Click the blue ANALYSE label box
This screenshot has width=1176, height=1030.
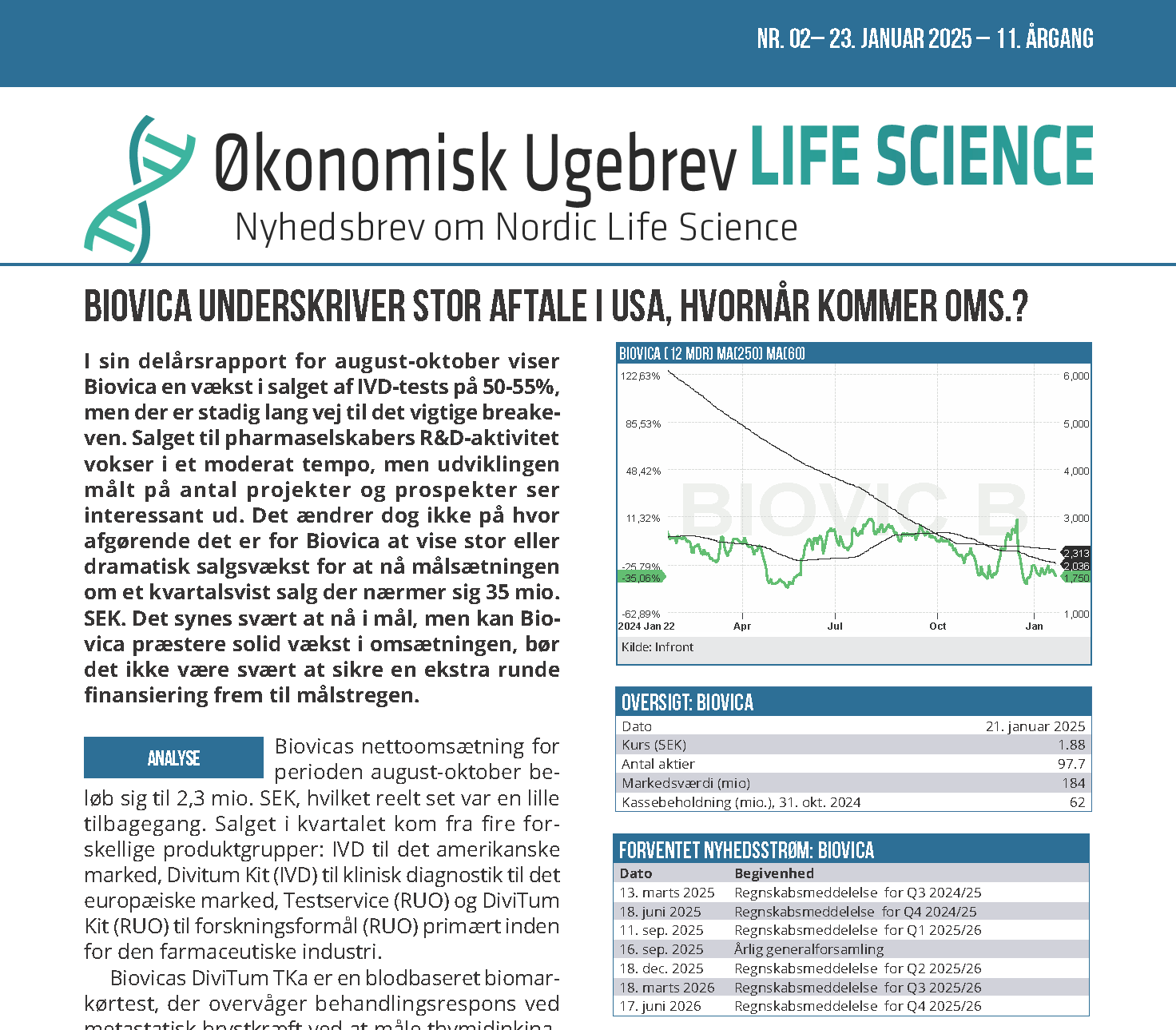pyautogui.click(x=173, y=758)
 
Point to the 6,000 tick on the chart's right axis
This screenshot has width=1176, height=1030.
pyautogui.click(x=1075, y=376)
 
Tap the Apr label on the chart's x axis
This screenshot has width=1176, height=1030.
pyautogui.click(x=742, y=626)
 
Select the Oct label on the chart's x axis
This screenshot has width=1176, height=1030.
pyautogui.click(x=937, y=626)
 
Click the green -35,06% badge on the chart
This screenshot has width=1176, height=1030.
pyautogui.click(x=642, y=578)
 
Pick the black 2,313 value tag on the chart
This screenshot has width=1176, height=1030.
pyautogui.click(x=1075, y=553)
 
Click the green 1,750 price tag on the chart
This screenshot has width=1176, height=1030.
pyautogui.click(x=1075, y=578)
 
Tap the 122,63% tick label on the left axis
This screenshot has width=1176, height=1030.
pyautogui.click(x=641, y=376)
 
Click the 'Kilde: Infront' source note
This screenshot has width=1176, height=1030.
pyautogui.click(x=658, y=647)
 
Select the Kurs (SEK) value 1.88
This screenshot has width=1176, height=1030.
pyautogui.click(x=1071, y=745)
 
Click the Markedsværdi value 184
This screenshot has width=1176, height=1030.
pyautogui.click(x=1074, y=783)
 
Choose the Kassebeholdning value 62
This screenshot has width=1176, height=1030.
pyautogui.click(x=1077, y=802)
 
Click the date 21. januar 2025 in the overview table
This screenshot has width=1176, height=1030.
pyautogui.click(x=1035, y=726)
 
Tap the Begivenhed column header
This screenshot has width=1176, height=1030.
pyautogui.click(x=774, y=873)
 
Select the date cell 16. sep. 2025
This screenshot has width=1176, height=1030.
pyautogui.click(x=661, y=949)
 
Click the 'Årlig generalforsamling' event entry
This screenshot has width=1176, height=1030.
pyautogui.click(x=808, y=949)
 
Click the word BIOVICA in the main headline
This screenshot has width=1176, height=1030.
pyautogui.click(x=138, y=307)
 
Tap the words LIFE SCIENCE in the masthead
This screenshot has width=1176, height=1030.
pyautogui.click(x=921, y=157)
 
